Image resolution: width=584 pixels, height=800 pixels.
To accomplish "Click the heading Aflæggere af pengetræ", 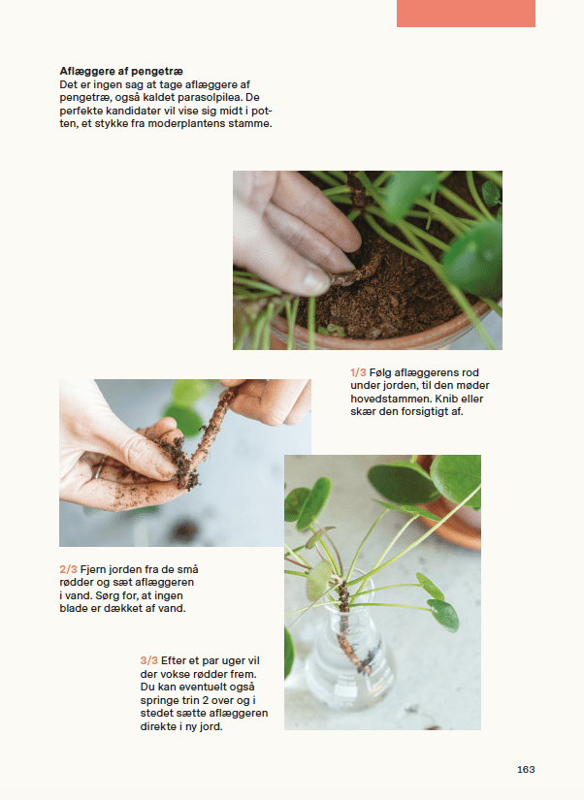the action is click(121, 71).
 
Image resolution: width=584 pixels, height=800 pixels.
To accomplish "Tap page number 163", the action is click(526, 769).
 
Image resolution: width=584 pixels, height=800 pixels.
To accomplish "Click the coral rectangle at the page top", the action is click(466, 14).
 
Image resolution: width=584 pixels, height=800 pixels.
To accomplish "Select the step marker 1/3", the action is click(358, 372).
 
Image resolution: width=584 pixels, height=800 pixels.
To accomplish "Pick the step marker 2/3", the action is click(69, 569).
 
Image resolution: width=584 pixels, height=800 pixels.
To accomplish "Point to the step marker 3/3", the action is click(149, 660).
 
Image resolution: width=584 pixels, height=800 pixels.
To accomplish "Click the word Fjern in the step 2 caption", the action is click(93, 569).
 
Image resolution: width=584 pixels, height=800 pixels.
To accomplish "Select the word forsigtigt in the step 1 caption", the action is click(427, 412).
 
